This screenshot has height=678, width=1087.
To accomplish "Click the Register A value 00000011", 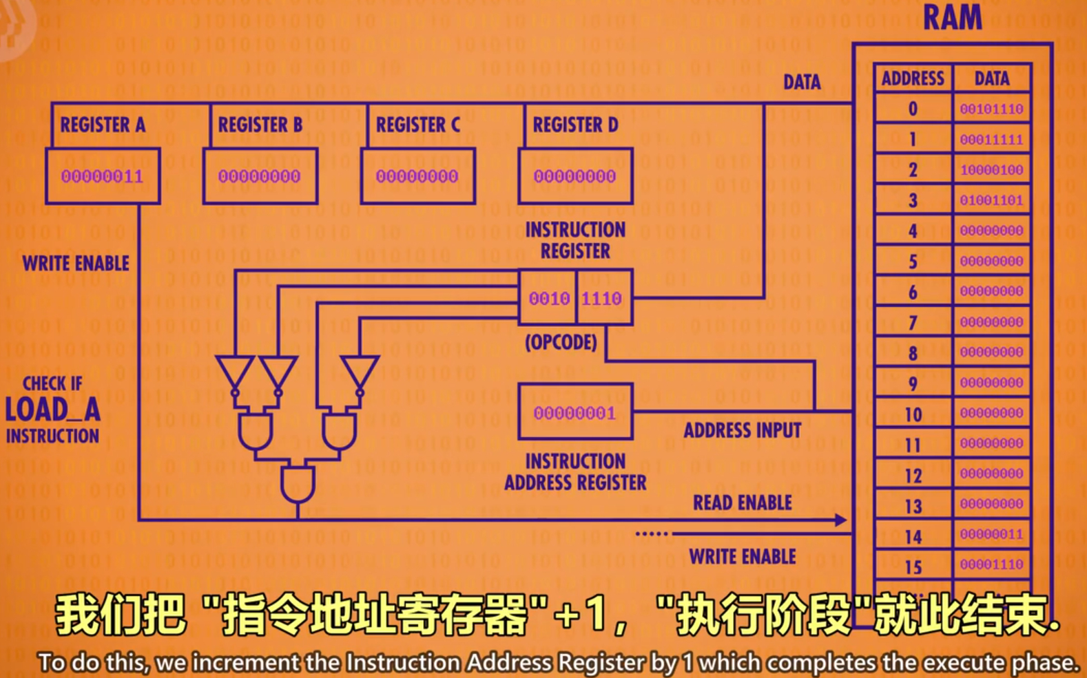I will tap(102, 176).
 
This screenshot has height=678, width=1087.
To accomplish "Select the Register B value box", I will tap(260, 176).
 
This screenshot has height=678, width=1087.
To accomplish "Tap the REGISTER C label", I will tap(417, 125).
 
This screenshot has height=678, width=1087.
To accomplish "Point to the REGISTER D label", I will tap(575, 125).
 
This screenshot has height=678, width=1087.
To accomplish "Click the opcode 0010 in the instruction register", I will tap(549, 298).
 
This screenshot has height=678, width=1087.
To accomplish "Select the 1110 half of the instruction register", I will tap(602, 298).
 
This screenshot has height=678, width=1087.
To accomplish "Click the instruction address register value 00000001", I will tap(574, 413).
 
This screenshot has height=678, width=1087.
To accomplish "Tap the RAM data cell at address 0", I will tap(991, 109).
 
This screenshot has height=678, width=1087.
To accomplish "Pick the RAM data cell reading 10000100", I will tap(991, 170).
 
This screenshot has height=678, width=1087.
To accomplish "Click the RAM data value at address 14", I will tap(991, 534).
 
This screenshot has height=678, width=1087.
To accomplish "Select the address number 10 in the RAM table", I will tap(913, 414).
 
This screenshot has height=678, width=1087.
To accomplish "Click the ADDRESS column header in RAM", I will tap(913, 78).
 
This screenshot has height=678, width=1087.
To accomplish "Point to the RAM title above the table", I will tap(952, 17).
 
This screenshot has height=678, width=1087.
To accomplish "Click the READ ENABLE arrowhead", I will tap(840, 520).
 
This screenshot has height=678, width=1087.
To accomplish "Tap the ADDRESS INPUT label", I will tap(742, 431).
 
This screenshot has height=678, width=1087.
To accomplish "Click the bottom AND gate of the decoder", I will tap(298, 485).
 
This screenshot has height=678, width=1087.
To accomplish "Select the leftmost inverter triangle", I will tap(235, 372).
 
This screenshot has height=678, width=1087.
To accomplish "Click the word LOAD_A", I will tap(53, 410).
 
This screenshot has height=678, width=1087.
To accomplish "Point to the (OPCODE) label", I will tap(561, 342).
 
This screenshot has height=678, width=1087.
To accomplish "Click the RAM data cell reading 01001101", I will tap(991, 200).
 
